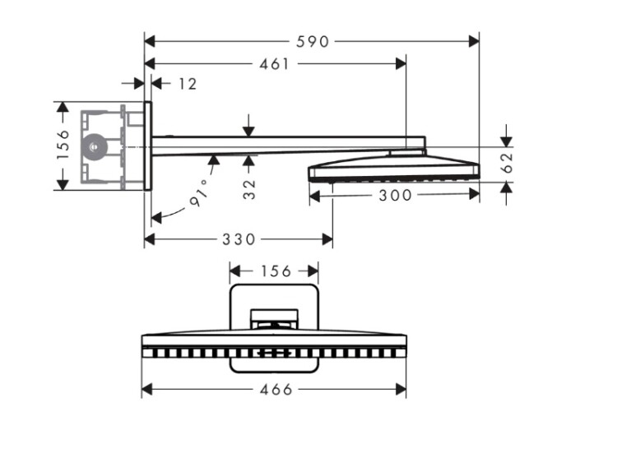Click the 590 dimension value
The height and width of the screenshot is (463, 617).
click(x=313, y=41)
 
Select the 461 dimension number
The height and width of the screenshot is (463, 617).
click(x=274, y=64)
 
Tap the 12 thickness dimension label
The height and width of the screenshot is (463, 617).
click(x=188, y=84)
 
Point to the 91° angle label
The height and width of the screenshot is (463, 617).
click(x=200, y=192)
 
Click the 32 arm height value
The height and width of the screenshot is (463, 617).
click(x=249, y=189)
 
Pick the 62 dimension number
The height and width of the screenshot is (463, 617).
click(x=508, y=162)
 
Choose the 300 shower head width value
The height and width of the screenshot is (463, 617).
click(x=395, y=196)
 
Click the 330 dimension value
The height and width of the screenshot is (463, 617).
click(x=239, y=239)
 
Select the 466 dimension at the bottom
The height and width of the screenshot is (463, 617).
click(x=276, y=390)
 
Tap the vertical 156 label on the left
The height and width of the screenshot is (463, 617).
click(x=63, y=146)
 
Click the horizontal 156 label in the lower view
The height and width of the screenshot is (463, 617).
click(x=276, y=271)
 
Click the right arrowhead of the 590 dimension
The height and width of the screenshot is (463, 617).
click(x=474, y=41)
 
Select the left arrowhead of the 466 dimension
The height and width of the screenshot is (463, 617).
click(x=146, y=390)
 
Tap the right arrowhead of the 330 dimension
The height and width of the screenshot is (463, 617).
click(x=327, y=238)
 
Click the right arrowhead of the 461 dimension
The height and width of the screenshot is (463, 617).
click(x=401, y=63)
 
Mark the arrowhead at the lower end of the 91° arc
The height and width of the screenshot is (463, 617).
click(x=156, y=218)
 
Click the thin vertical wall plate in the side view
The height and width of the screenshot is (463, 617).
click(x=148, y=146)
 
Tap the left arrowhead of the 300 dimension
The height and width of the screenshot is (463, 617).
click(x=315, y=195)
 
